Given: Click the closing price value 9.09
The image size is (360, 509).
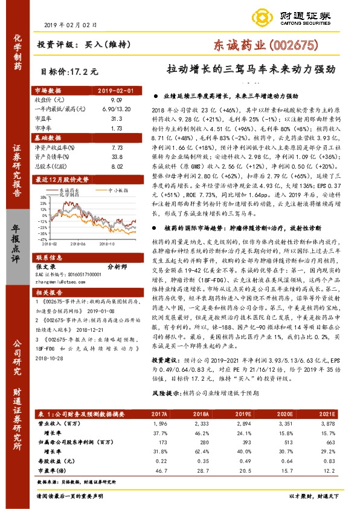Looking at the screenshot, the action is pos(117,99).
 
